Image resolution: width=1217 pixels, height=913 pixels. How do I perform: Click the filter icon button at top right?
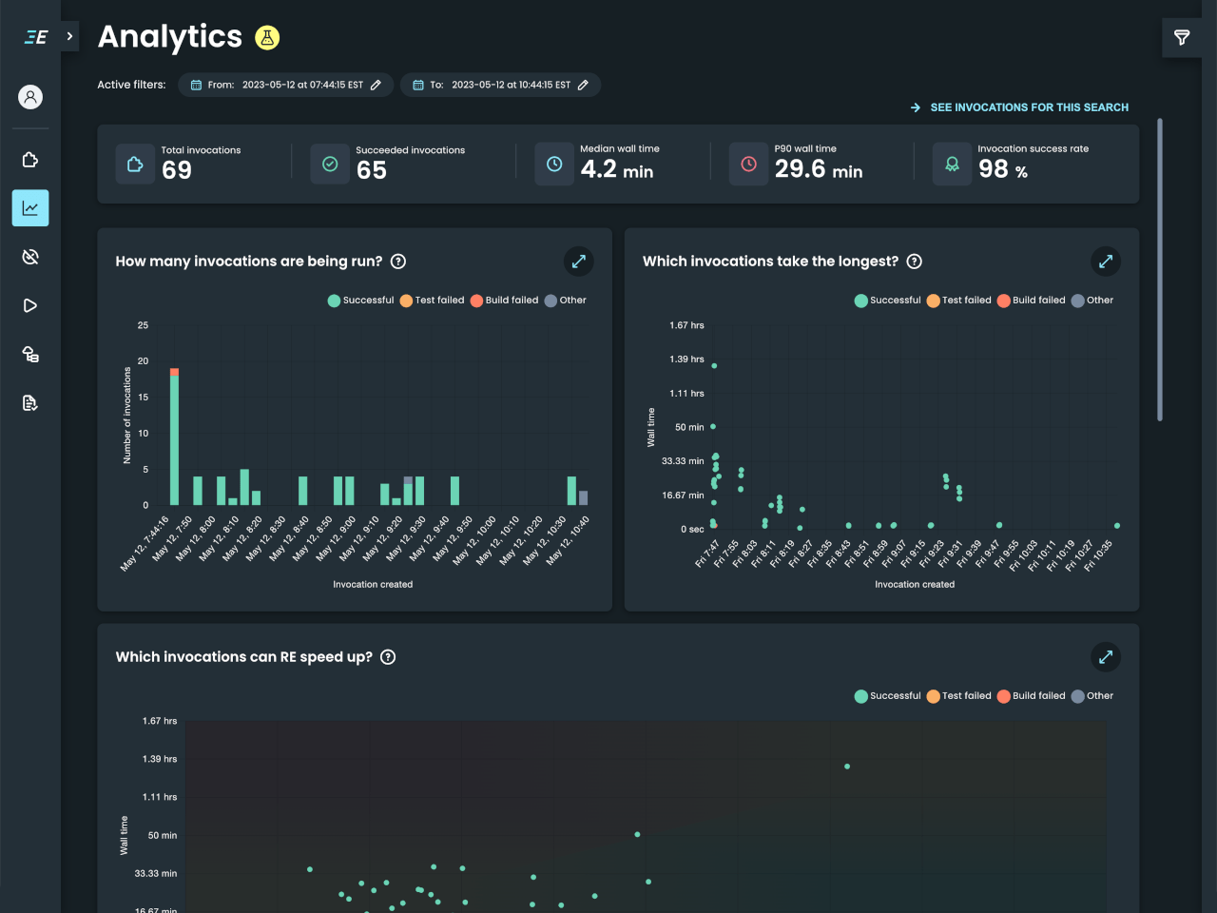[x=1182, y=38]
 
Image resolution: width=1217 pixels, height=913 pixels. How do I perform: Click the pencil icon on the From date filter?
[x=377, y=85]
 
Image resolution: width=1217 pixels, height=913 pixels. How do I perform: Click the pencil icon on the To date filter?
[x=583, y=85]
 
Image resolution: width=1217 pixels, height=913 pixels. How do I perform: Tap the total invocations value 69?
[x=177, y=170]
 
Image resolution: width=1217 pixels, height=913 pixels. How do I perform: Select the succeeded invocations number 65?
[x=372, y=170]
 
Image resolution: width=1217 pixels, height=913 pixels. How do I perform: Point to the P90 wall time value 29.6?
[x=800, y=169]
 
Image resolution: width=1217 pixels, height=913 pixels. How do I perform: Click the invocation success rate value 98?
[x=993, y=169]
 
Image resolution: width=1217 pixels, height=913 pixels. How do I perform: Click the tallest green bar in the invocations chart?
[x=174, y=437]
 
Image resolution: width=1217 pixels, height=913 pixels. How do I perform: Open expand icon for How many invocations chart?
[x=578, y=262]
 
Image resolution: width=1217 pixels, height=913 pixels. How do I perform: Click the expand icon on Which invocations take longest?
[x=1105, y=262]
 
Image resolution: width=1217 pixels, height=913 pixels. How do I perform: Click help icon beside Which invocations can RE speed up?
[x=388, y=657]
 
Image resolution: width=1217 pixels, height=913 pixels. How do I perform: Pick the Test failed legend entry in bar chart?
[x=433, y=301]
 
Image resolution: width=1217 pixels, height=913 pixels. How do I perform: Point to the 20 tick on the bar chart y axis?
[x=143, y=361]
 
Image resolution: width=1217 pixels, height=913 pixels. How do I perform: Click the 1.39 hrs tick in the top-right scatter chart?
[x=686, y=359]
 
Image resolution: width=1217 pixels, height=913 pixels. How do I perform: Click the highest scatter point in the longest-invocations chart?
[x=714, y=366]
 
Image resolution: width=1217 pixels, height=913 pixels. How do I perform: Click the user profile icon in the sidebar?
[x=30, y=97]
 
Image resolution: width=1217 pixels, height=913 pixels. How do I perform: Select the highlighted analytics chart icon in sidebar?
[x=30, y=208]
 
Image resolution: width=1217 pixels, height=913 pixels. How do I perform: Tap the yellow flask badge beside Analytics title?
[x=267, y=38]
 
